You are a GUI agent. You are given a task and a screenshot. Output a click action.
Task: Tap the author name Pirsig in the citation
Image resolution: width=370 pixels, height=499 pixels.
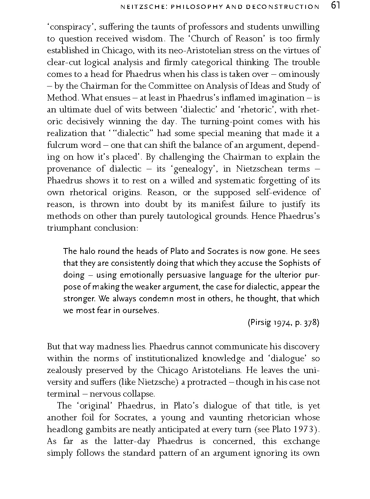tap(260, 323)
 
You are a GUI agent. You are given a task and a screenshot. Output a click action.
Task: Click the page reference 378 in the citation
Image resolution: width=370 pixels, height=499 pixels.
tap(310, 323)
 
